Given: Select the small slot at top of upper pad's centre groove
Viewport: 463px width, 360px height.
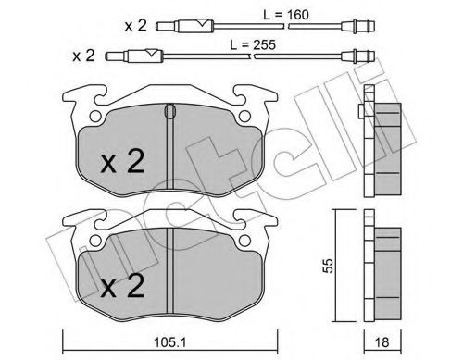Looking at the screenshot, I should (168, 112).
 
